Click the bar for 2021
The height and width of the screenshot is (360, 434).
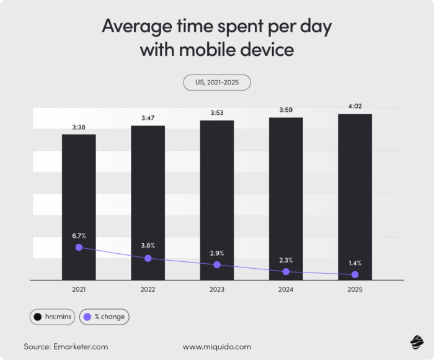pyautogui.click(x=79, y=186)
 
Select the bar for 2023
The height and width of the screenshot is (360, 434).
pyautogui.click(x=216, y=186)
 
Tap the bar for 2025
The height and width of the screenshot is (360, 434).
pyautogui.click(x=355, y=186)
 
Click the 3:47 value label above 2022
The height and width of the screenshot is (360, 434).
pyautogui.click(x=148, y=117)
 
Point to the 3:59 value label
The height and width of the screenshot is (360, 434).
pyautogui.click(x=286, y=110)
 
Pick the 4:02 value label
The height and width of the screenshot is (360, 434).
pyautogui.click(x=355, y=106)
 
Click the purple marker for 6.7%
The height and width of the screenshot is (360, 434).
pyautogui.click(x=79, y=247)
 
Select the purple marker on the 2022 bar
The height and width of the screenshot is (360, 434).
pyautogui.click(x=148, y=258)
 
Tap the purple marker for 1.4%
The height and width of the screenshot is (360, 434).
pyautogui.click(x=355, y=274)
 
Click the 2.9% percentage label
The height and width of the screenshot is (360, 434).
pyautogui.click(x=216, y=253)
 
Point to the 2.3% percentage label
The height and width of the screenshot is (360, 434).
pyautogui.click(x=286, y=260)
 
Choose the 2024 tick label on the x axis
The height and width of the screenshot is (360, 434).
pyautogui.click(x=286, y=290)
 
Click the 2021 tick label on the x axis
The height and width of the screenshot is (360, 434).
pyautogui.click(x=79, y=290)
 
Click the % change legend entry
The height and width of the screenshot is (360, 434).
pyautogui.click(x=104, y=317)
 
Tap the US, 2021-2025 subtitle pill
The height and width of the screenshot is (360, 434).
pyautogui.click(x=216, y=82)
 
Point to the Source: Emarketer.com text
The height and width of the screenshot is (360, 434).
pyautogui.click(x=66, y=346)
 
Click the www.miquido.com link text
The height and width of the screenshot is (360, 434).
pyautogui.click(x=216, y=346)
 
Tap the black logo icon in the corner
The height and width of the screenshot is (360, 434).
pyautogui.click(x=416, y=341)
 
